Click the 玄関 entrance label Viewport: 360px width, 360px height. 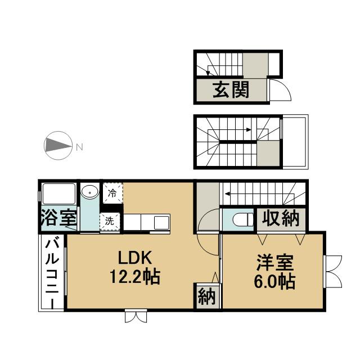pyautogui.click(x=231, y=90)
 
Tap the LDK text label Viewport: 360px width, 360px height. pyautogui.click(x=135, y=258)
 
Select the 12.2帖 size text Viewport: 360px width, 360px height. pyautogui.click(x=135, y=277)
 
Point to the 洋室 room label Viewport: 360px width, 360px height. pyautogui.click(x=275, y=263)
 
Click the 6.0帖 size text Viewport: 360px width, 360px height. pyautogui.click(x=274, y=281)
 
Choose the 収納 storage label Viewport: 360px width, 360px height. pyautogui.click(x=281, y=218)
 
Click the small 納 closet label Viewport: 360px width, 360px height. pyautogui.click(x=206, y=296)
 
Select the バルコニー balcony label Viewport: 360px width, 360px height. pyautogui.click(x=52, y=274)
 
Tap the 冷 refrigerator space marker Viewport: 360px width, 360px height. pyautogui.click(x=112, y=193)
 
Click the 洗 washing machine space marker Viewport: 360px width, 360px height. pyautogui.click(x=110, y=221)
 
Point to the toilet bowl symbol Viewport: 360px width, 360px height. pyautogui.click(x=243, y=220)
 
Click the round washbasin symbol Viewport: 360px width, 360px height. pyautogui.click(x=90, y=191)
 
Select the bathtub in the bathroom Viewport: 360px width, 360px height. pyautogui.click(x=59, y=193)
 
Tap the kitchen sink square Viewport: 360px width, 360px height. pyautogui.click(x=161, y=223)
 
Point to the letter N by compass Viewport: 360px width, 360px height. pyautogui.click(x=79, y=147)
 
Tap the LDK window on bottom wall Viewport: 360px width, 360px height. pyautogui.click(x=136, y=316)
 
